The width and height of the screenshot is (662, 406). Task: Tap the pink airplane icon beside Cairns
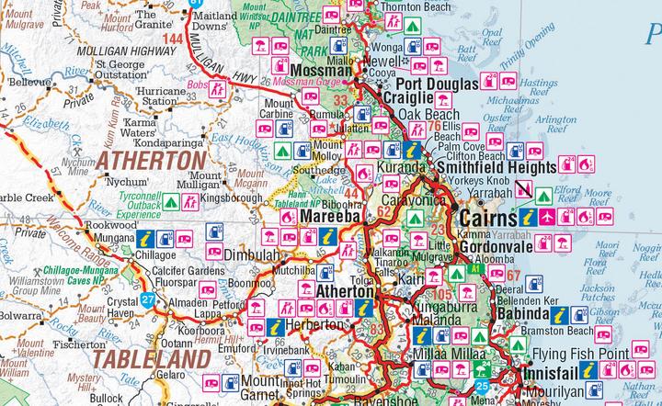[x=549, y=218]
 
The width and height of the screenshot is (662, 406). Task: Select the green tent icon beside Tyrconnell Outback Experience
[x=171, y=199]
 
